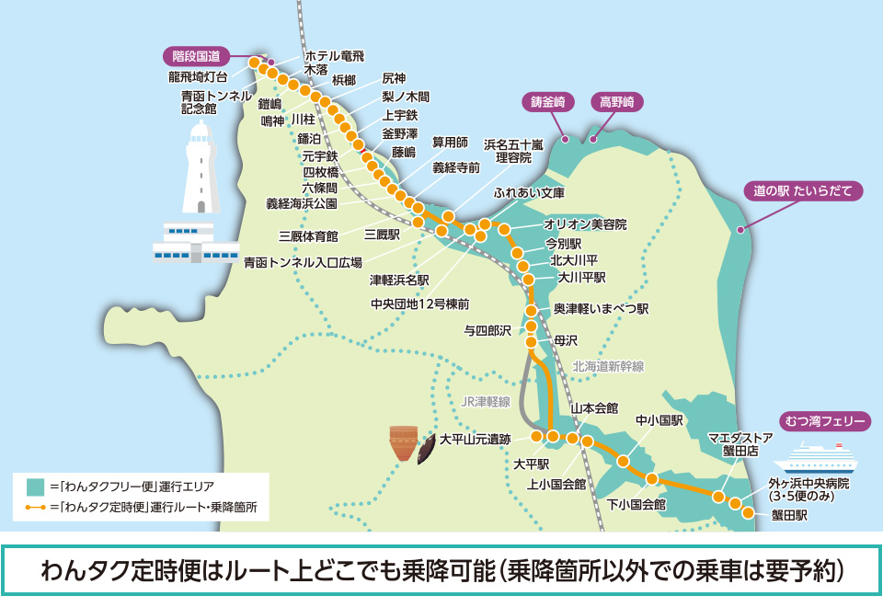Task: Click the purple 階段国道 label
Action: pos(196,56)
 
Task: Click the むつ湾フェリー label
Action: pos(826,421)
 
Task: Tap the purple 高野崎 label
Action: pos(616,101)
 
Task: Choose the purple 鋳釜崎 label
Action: pos(546,101)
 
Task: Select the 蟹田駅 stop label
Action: pos(789,516)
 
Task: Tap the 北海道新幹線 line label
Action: pos(608,366)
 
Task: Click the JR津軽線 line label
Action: pos(485,401)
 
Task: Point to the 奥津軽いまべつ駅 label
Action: pos(601,309)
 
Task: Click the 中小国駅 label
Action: pos(659,420)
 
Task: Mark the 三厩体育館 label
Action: pos(309,236)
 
